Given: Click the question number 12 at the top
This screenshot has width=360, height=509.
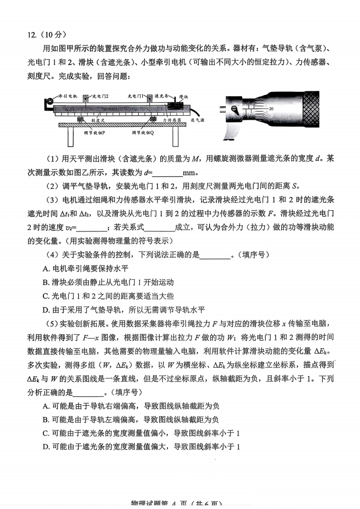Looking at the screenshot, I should tap(32, 35).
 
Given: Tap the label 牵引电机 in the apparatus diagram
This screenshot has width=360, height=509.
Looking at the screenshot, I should tap(68, 96).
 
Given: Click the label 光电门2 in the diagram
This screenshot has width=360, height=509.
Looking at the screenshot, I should tap(100, 96).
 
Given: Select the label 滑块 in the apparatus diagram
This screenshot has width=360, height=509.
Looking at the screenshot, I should tap(183, 97).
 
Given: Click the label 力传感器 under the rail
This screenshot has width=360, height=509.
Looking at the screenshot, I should tap(172, 120).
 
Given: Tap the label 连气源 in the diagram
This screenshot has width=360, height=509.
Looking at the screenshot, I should tap(197, 120).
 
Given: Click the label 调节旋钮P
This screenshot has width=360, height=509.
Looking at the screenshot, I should tap(94, 133).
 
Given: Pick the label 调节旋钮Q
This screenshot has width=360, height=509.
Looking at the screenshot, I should tap(143, 133).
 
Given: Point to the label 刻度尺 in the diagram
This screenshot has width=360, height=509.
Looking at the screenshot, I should tap(98, 120).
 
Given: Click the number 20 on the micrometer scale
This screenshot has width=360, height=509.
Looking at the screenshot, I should tap(271, 109).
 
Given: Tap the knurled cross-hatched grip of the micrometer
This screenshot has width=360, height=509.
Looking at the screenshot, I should tap(311, 109).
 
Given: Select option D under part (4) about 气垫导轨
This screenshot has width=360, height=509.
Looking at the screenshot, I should tap(124, 310).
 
